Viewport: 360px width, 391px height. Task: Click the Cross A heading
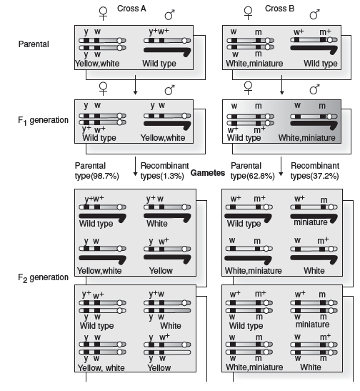(x=131, y=9)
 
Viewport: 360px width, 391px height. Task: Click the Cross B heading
(x=279, y=9)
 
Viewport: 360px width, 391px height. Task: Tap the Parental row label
(x=34, y=44)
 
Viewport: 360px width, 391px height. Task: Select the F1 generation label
(x=43, y=120)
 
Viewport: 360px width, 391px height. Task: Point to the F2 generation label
(x=43, y=277)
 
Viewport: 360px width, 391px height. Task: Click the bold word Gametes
(x=208, y=173)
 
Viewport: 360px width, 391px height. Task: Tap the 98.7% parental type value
(x=104, y=176)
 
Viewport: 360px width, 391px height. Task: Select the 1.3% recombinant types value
(x=172, y=176)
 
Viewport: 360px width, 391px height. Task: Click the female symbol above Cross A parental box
(x=103, y=14)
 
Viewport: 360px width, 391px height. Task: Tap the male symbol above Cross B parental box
(x=315, y=15)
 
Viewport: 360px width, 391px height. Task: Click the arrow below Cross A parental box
(x=135, y=85)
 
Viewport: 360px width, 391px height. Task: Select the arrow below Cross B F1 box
(x=281, y=167)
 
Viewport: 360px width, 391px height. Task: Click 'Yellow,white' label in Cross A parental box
(x=97, y=64)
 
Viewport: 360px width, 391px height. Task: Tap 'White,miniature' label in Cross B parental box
(x=254, y=64)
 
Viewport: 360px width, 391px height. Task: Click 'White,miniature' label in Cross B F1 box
(x=307, y=138)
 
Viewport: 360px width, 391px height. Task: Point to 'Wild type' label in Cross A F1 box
(x=99, y=138)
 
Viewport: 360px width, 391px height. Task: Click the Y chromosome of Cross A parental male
(x=168, y=51)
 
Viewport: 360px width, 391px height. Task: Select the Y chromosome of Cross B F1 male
(x=314, y=125)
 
